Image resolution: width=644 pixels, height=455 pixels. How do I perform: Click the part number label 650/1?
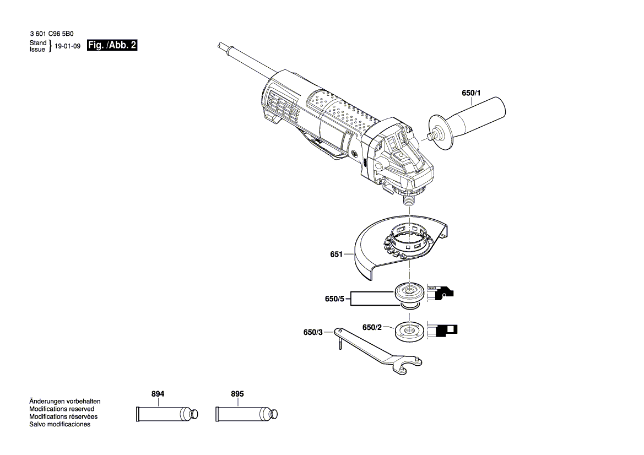(x=471, y=93)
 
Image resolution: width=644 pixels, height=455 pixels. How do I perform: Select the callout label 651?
(x=336, y=254)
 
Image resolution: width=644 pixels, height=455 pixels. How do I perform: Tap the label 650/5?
(x=334, y=299)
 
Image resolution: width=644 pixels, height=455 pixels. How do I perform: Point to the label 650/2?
(x=372, y=327)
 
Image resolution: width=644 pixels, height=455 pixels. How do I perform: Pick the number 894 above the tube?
(x=158, y=394)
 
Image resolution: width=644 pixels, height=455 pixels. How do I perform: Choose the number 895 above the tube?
(x=237, y=394)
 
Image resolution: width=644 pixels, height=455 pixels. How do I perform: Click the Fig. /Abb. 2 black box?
(x=112, y=46)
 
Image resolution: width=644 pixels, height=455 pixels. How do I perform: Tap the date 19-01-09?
(x=68, y=46)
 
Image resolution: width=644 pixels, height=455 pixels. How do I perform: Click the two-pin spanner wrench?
(x=380, y=353)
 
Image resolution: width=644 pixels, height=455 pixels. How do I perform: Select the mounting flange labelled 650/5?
(x=409, y=293)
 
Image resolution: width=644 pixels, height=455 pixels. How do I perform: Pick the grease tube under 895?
(x=246, y=414)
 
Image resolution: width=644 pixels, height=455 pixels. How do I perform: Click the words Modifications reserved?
(x=61, y=409)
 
